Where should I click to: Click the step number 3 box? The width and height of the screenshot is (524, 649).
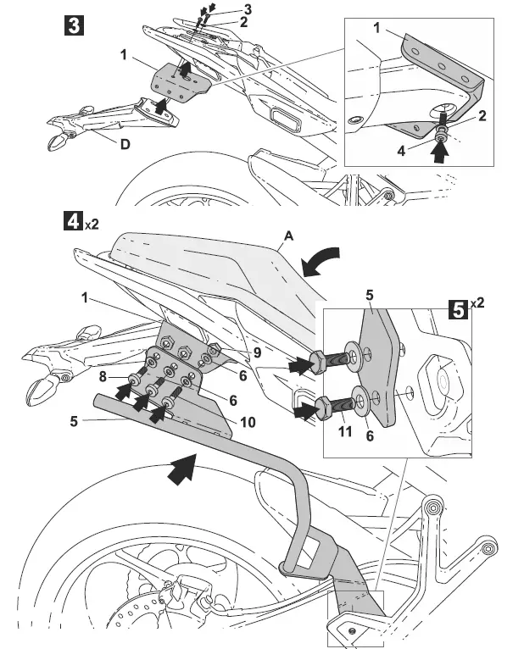74,25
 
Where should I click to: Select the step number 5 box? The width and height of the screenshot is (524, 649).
457,309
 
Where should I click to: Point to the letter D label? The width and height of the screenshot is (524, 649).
125,144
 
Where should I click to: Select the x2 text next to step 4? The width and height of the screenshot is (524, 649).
92,225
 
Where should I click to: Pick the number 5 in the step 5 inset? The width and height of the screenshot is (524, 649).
369,297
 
